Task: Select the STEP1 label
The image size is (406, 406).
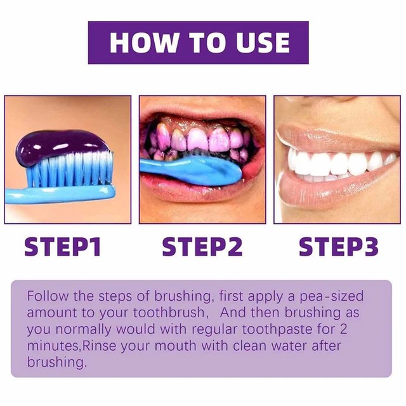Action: (63, 247)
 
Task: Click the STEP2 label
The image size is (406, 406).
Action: (202, 247)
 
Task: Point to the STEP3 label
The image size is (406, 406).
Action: (339, 247)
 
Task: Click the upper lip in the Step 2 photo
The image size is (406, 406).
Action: (203, 111)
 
